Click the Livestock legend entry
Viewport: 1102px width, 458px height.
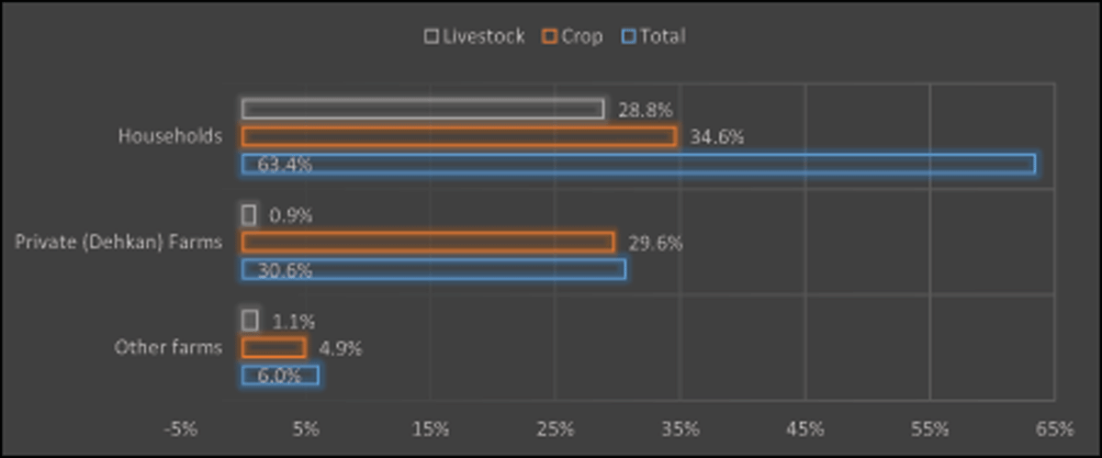tap(475, 37)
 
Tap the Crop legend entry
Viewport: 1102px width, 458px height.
tap(572, 37)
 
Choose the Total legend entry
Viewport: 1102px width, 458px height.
tap(653, 37)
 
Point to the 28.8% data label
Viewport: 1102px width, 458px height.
tap(645, 110)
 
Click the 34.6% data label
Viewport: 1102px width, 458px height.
tap(717, 138)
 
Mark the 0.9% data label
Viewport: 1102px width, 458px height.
tap(291, 216)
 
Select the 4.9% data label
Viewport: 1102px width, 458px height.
tap(341, 349)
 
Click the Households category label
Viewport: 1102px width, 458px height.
tap(170, 136)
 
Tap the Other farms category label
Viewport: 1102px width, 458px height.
tap(168, 348)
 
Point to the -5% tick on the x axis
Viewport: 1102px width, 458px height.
tap(181, 430)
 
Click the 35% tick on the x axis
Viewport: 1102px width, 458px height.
tap(680, 430)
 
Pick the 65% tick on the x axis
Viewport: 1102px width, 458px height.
tap(1054, 430)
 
